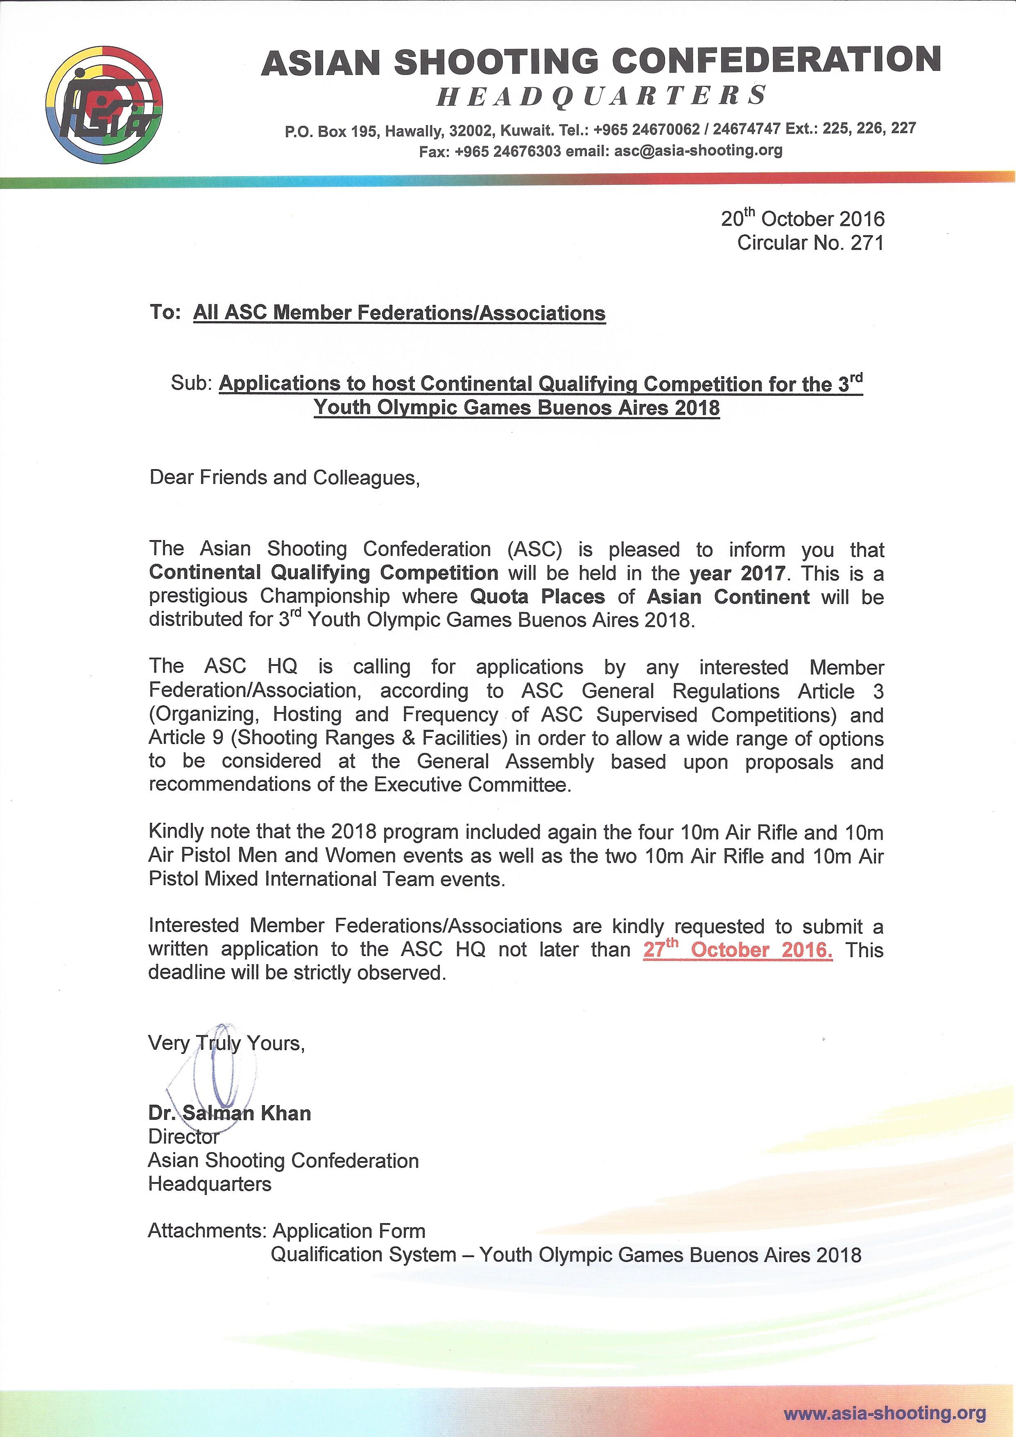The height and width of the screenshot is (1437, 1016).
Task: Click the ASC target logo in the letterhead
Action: click(x=104, y=105)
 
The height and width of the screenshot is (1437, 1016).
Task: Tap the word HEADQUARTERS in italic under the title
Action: click(x=601, y=96)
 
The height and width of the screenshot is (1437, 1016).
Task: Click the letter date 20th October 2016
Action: click(x=803, y=218)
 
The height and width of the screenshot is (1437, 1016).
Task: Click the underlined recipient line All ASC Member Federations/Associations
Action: click(x=399, y=313)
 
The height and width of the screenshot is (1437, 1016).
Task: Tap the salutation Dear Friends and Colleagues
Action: click(x=285, y=477)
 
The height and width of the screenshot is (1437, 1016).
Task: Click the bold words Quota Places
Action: click(x=537, y=597)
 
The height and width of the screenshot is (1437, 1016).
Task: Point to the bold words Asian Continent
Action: click(x=728, y=597)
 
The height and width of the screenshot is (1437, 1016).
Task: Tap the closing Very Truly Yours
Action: click(x=226, y=1043)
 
